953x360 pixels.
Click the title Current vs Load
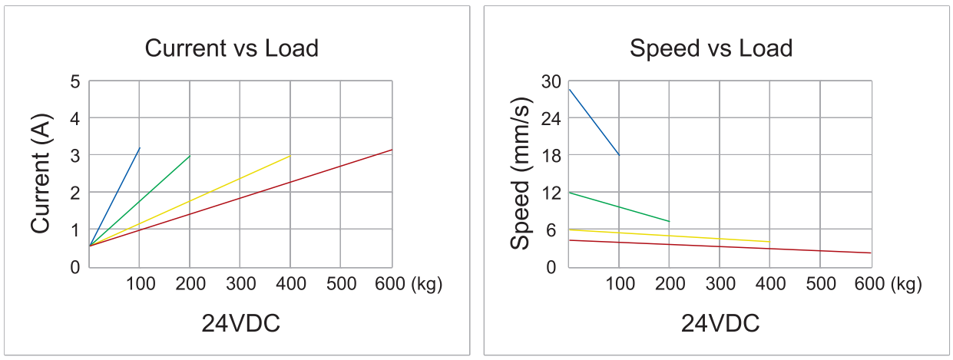(231, 49)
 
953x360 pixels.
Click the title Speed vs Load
(710, 49)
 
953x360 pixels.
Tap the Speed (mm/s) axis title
(521, 173)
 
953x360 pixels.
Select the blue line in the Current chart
(115, 196)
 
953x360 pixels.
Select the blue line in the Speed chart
(594, 122)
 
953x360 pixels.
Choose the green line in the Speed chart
(619, 207)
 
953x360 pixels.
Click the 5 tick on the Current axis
(74, 81)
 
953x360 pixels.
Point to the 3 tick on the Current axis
(74, 156)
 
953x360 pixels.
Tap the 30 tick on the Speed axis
(551, 81)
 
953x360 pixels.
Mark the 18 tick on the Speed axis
(551, 156)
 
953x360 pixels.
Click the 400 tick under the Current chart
(290, 284)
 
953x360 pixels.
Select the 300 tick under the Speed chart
(720, 284)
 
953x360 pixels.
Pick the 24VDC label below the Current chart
(240, 324)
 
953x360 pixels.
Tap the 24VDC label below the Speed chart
(720, 324)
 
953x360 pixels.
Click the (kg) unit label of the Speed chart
(906, 284)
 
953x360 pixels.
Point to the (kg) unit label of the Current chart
(427, 284)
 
